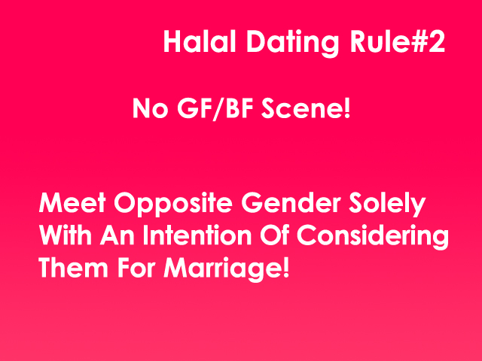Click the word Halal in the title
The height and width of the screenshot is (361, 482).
tap(200, 42)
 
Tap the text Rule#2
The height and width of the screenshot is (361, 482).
tap(398, 42)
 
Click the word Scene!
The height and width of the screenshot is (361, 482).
tap(306, 108)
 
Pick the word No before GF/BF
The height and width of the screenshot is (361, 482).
tap(151, 108)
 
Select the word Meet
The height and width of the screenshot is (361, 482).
tap(72, 202)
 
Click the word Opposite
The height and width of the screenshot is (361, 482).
tap(173, 205)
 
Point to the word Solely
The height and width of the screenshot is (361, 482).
tap(387, 205)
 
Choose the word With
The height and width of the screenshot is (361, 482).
tap(66, 235)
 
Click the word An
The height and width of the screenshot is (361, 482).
tap(117, 235)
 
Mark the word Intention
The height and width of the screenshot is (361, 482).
tap(197, 235)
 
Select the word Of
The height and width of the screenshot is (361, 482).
tap(274, 235)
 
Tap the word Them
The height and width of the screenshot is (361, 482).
tap(74, 268)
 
